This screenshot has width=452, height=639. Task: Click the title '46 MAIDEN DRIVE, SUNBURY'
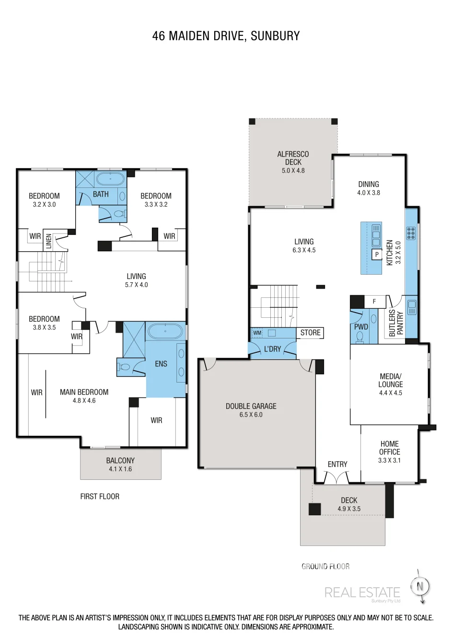(x=226, y=36)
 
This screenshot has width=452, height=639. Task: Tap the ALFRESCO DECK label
(x=293, y=158)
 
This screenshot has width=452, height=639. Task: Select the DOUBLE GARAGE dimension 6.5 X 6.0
(x=251, y=415)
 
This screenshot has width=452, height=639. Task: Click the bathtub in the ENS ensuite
(x=165, y=331)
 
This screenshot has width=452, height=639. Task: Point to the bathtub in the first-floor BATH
(x=110, y=179)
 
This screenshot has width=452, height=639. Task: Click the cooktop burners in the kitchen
(x=411, y=233)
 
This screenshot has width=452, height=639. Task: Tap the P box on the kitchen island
(x=377, y=254)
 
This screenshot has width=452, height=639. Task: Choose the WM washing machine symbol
(x=257, y=333)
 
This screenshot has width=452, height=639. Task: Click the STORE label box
(x=310, y=333)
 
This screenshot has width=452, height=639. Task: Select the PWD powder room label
(x=361, y=327)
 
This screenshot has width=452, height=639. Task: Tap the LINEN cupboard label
(x=49, y=241)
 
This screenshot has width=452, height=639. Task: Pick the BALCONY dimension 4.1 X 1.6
(x=120, y=469)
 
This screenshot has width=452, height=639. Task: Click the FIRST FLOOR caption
(x=100, y=497)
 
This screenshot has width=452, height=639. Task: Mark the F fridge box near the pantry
(x=374, y=301)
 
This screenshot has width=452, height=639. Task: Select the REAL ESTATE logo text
(x=362, y=593)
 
